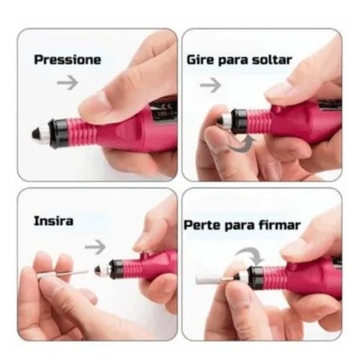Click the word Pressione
68,60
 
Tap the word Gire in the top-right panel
200,60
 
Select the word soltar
272,60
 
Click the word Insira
53,221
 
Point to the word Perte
202,225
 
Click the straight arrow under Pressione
68,83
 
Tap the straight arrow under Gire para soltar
210,85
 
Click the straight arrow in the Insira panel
95,247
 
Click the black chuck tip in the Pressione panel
37,134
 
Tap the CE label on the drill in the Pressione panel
164,107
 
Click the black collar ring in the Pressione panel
57,133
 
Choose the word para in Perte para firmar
239,226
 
